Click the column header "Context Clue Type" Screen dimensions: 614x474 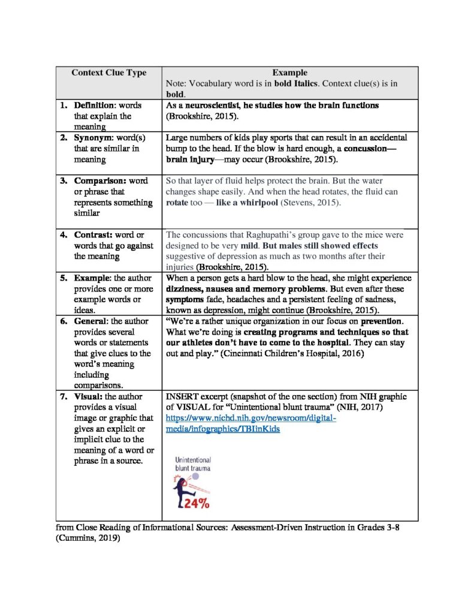pyautogui.click(x=108, y=73)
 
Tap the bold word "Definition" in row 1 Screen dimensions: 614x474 pyautogui.click(x=95, y=106)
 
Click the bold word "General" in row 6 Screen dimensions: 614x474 pyautogui.click(x=92, y=321)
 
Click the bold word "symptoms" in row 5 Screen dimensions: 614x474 pyautogui.click(x=183, y=300)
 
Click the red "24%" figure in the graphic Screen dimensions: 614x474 pyautogui.click(x=197, y=504)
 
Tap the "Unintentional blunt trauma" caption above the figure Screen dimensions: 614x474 pyautogui.click(x=192, y=464)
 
